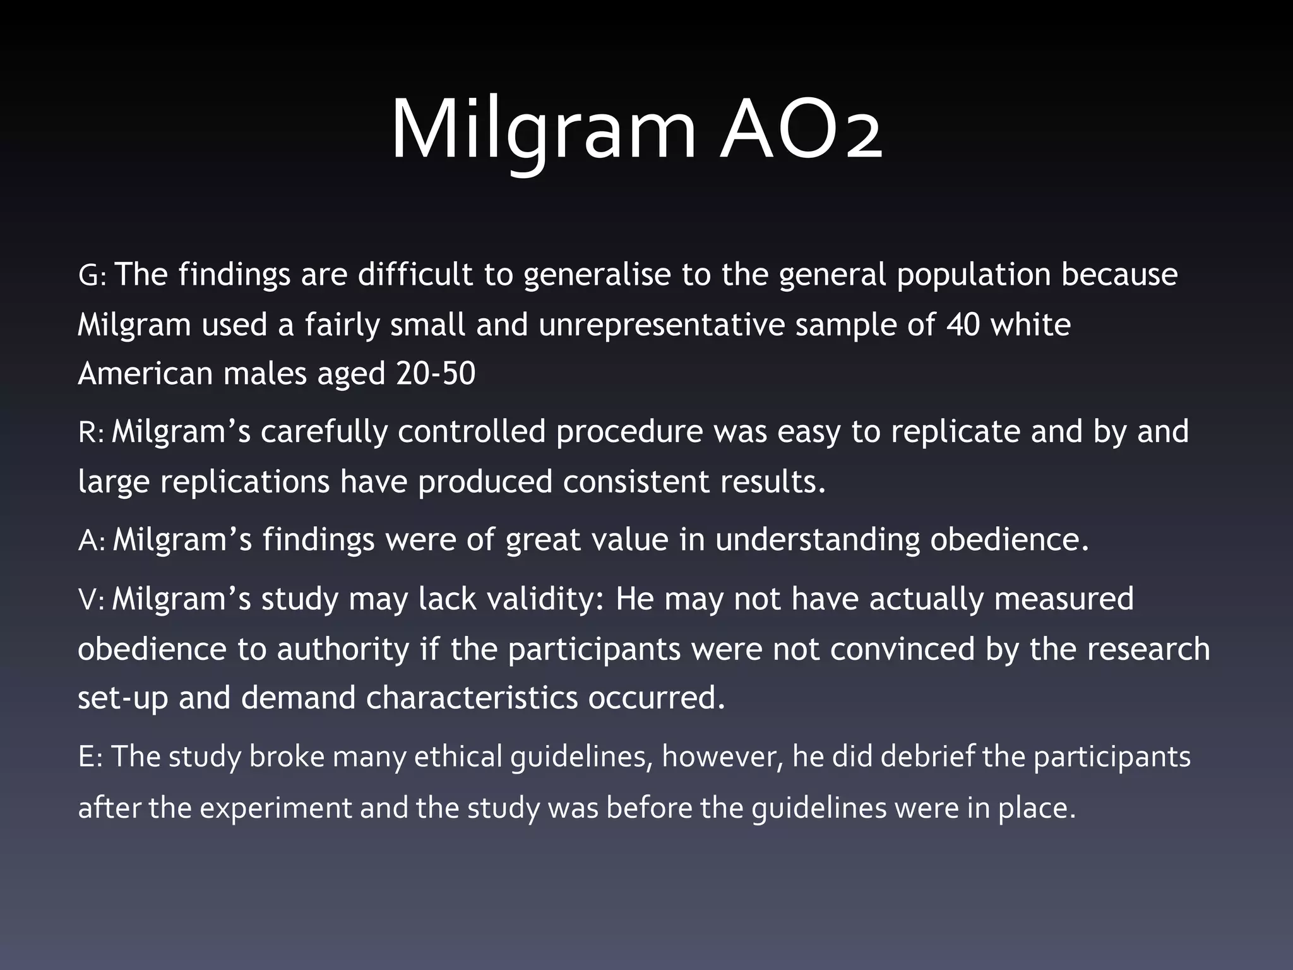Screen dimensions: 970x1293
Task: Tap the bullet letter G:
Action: pos(93,276)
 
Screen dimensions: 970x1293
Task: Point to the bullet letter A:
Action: pos(92,541)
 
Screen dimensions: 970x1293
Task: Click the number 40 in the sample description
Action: pos(963,325)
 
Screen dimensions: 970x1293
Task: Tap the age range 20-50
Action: pos(436,374)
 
